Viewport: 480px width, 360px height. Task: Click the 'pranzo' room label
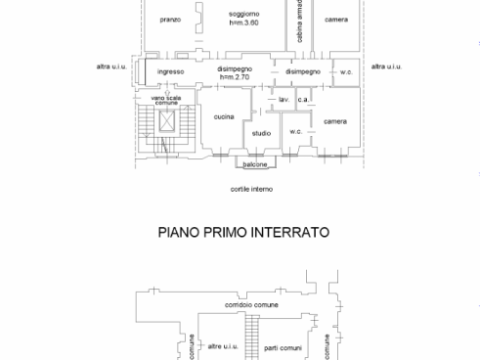[x=169, y=18]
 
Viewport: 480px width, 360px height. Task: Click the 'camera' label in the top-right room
[x=336, y=18]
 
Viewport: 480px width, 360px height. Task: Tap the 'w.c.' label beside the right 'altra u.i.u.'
[x=346, y=71]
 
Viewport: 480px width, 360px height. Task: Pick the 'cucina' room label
[x=224, y=117]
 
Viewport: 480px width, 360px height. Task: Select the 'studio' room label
[x=261, y=133]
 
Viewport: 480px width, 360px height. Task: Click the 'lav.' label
[x=284, y=101]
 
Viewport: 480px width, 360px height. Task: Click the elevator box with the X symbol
[x=165, y=122]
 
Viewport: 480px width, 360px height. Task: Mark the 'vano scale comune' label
[x=165, y=100]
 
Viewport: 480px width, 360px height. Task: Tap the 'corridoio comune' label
[x=251, y=304]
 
